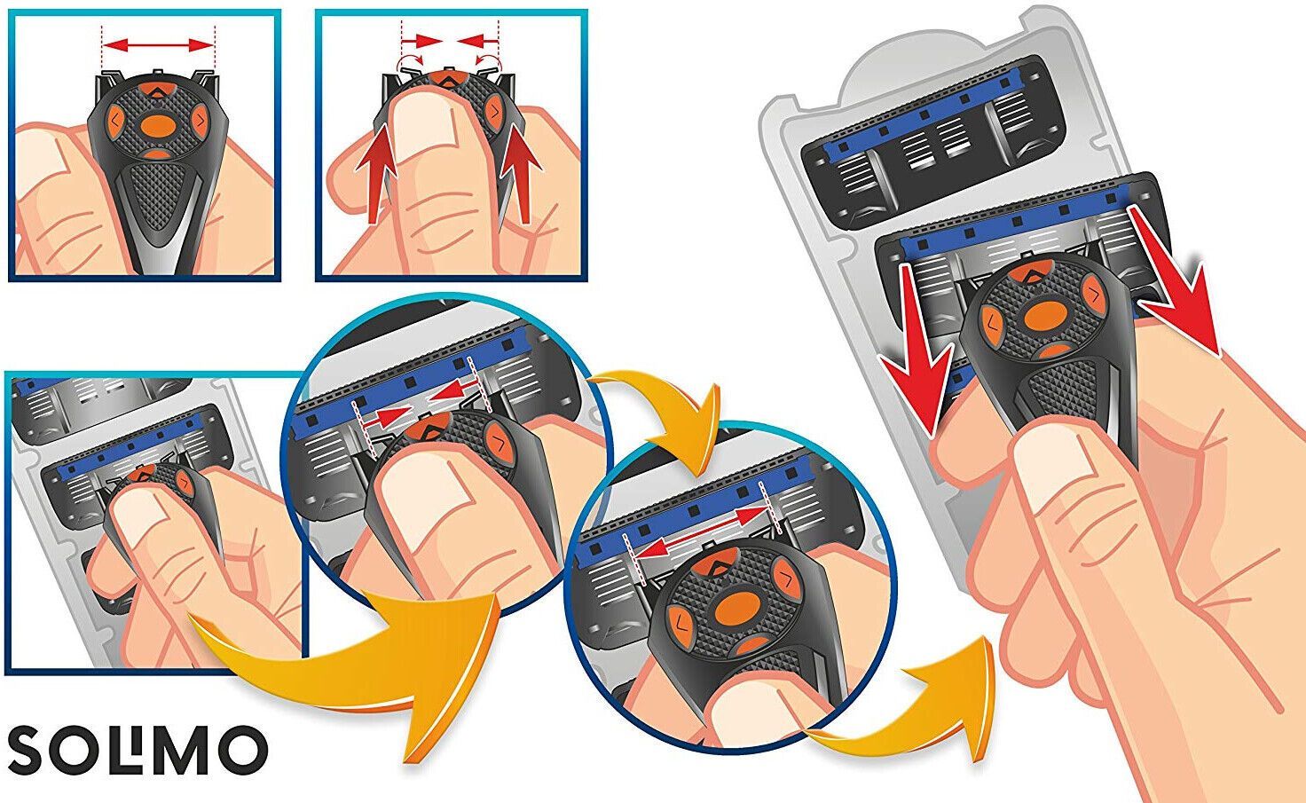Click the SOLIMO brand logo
click(138, 750)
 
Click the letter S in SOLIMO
click(29, 751)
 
